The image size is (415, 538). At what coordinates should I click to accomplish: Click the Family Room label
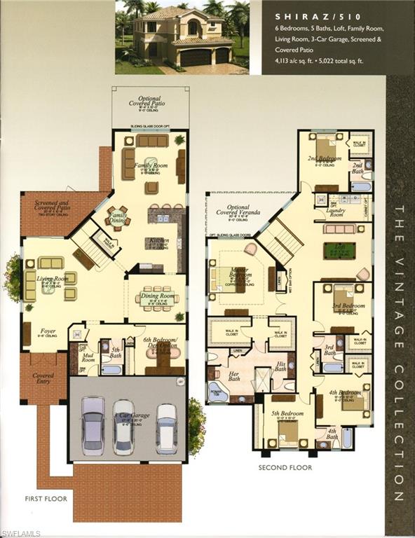point(153,165)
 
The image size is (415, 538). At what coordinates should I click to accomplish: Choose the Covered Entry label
point(43,379)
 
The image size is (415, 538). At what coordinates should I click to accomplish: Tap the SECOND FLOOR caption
point(285,467)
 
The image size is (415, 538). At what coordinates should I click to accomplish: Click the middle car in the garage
point(123,426)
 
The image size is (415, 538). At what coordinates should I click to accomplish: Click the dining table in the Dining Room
point(156,296)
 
